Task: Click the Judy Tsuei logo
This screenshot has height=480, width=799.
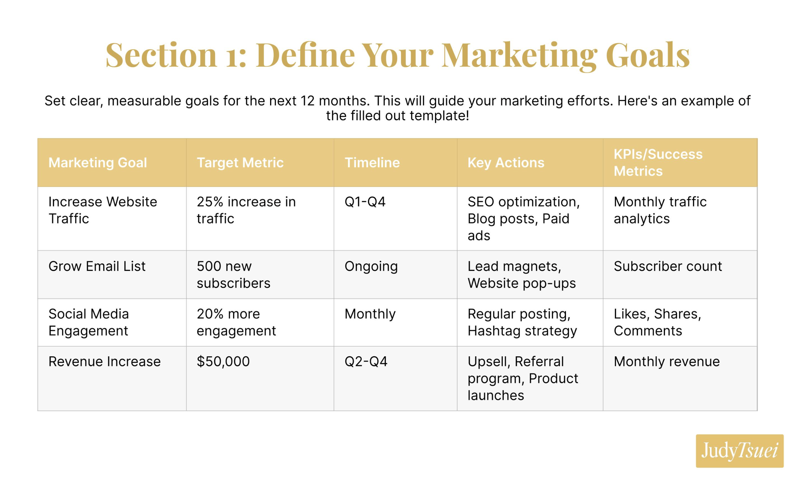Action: [x=739, y=451]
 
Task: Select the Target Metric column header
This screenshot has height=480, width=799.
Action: [x=240, y=162]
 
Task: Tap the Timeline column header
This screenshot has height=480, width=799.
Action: [x=372, y=162]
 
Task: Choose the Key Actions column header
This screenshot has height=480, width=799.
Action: [x=506, y=162]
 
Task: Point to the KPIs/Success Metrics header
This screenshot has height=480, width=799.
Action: [x=658, y=162]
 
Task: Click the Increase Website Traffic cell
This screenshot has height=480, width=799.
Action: [x=103, y=210]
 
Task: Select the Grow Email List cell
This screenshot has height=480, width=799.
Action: [x=97, y=266]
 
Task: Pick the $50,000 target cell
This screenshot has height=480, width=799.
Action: [x=223, y=361]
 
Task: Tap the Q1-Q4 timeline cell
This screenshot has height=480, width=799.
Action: [x=365, y=202]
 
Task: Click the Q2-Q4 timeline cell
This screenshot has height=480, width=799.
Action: [x=366, y=361]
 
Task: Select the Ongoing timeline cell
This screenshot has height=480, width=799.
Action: [x=371, y=266]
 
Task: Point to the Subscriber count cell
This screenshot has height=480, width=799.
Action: [x=668, y=266]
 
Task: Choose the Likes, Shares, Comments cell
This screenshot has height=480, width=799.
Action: [x=657, y=322]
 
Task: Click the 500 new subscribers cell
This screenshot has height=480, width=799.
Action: [x=233, y=275]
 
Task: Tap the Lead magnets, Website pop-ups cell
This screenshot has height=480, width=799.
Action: [x=522, y=275]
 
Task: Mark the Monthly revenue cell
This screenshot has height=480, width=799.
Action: [x=666, y=361]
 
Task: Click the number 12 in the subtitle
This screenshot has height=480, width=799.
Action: [x=307, y=101]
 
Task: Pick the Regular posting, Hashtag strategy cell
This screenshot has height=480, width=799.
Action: [x=522, y=322]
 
